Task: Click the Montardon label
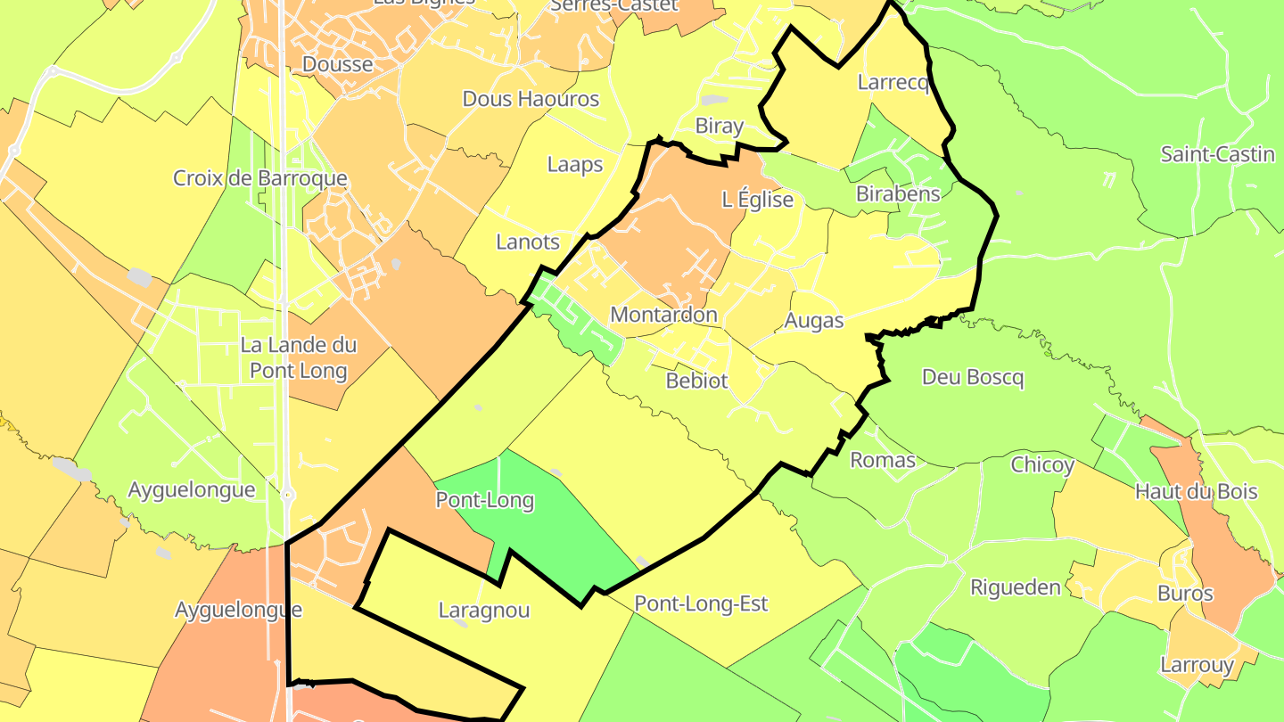[663, 315]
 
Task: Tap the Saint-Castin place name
[1217, 154]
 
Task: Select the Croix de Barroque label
[259, 178]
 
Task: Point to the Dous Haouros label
[531, 99]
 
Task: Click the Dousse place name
[338, 64]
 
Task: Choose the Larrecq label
[893, 83]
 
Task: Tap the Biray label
[719, 127]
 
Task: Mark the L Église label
[757, 200]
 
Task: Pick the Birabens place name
[898, 194]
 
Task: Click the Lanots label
[528, 242]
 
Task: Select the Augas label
[813, 321]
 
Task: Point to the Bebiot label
[697, 382]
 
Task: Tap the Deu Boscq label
[973, 378]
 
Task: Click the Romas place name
[883, 460]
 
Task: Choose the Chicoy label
[1042, 465]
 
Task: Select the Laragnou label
[484, 611]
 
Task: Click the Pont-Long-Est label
[701, 604]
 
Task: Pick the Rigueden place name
[1016, 588]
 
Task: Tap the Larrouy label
[1197, 665]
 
